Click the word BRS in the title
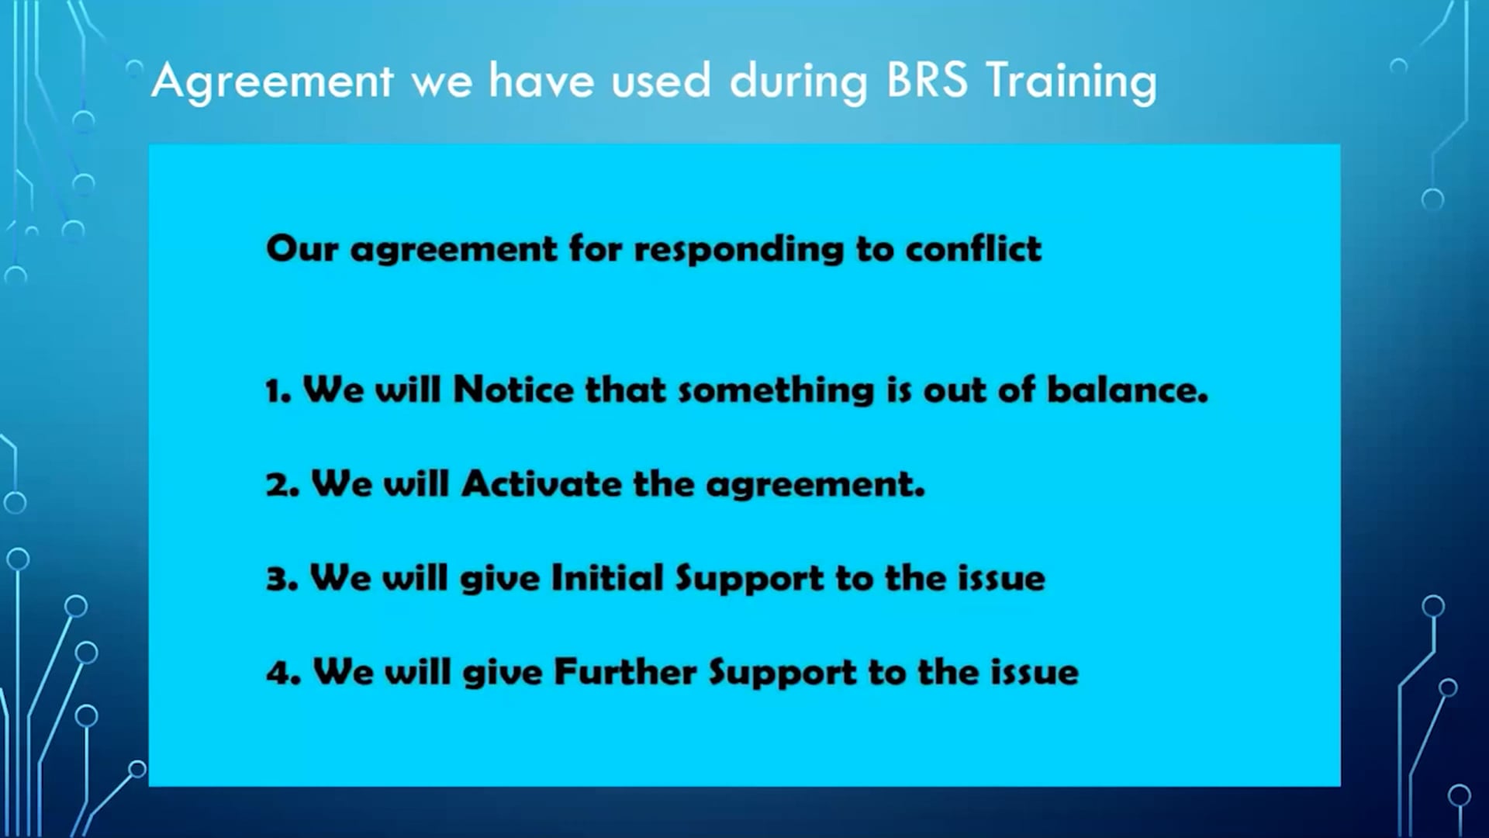pyautogui.click(x=926, y=81)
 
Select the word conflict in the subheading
pyautogui.click(x=973, y=249)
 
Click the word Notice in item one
pyautogui.click(x=513, y=390)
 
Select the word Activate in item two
pyautogui.click(x=541, y=484)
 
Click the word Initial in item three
pyautogui.click(x=607, y=578)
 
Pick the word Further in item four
pyautogui.click(x=625, y=672)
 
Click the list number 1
pyautogui.click(x=276, y=390)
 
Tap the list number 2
pyautogui.click(x=281, y=485)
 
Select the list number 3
pyautogui.click(x=281, y=579)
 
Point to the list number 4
pyautogui.click(x=282, y=673)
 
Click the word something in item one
pyautogui.click(x=776, y=390)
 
